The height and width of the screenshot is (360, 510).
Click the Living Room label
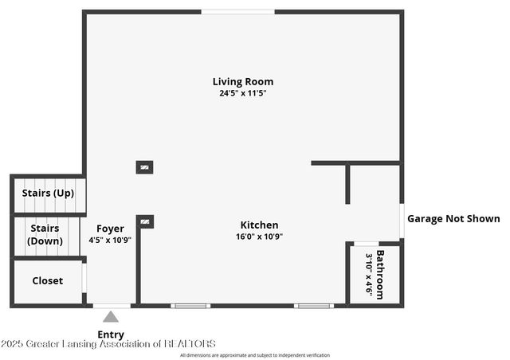(x=243, y=81)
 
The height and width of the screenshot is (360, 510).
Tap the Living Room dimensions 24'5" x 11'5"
(x=243, y=93)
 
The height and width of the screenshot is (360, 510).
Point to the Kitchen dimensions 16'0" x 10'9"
(x=259, y=236)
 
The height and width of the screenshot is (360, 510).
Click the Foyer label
(x=110, y=229)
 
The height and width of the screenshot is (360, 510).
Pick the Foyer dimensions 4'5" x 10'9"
(x=110, y=240)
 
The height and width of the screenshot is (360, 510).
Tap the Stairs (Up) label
(x=48, y=193)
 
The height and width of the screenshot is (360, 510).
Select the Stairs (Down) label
(x=45, y=235)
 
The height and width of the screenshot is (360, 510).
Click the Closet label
(x=47, y=280)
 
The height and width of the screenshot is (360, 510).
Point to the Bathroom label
(x=381, y=275)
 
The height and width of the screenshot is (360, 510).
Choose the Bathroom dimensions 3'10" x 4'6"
(x=369, y=275)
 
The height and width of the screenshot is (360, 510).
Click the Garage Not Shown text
(x=453, y=218)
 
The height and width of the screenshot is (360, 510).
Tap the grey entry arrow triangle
(x=111, y=317)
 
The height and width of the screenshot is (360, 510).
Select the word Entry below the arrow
(x=111, y=335)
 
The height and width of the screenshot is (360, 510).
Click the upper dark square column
(x=144, y=167)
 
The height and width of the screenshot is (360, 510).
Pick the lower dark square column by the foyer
(x=145, y=221)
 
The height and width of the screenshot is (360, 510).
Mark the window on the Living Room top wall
(x=237, y=11)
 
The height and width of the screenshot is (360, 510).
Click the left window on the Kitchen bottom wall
(x=191, y=305)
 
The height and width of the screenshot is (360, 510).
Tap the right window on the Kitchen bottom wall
(x=313, y=305)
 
